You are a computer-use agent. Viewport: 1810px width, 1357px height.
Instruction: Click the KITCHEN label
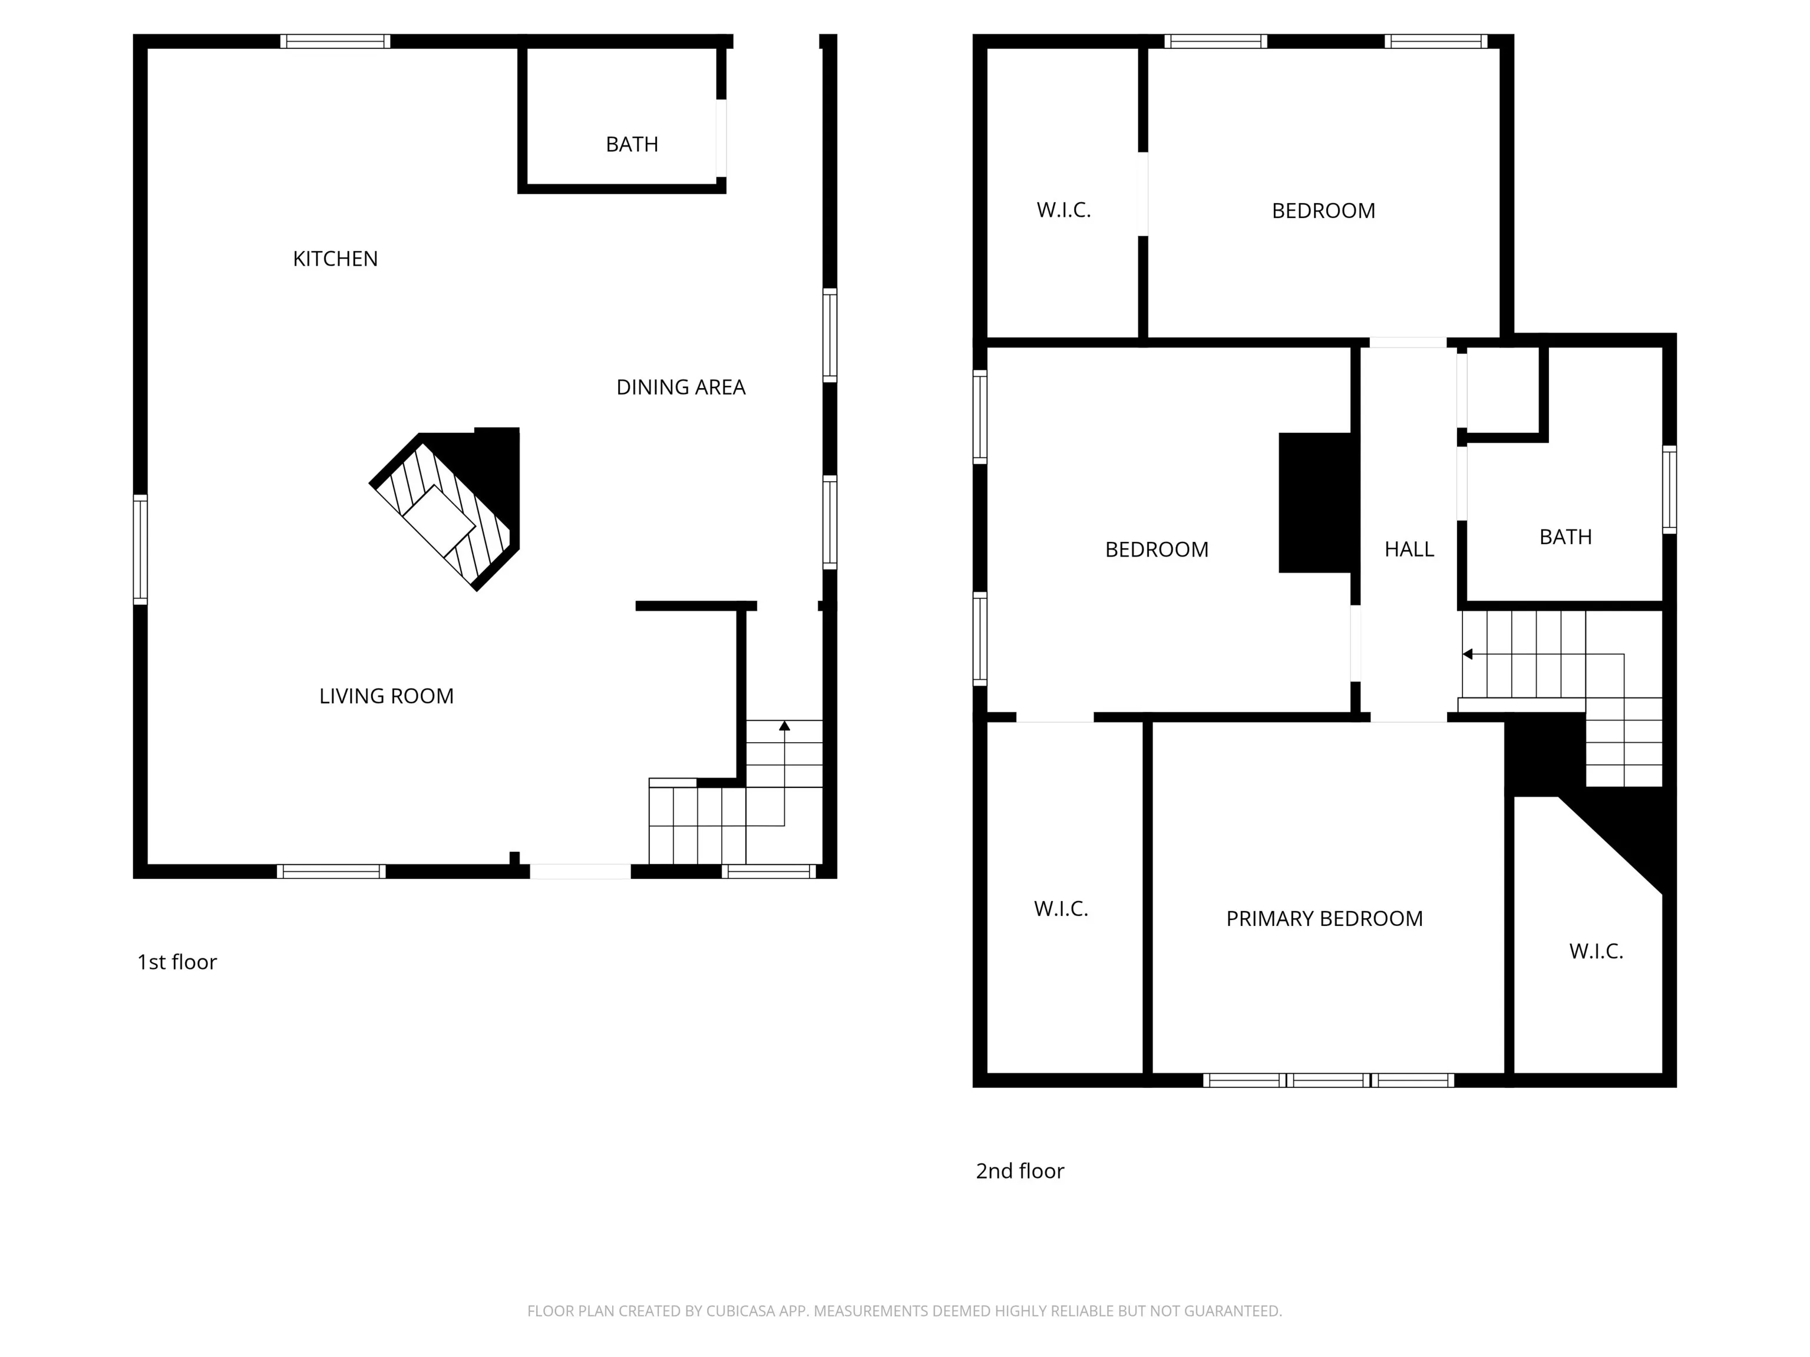coord(335,259)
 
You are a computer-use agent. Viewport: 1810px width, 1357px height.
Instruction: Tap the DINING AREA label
coord(681,387)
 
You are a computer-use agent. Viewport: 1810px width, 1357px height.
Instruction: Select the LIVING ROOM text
coord(387,696)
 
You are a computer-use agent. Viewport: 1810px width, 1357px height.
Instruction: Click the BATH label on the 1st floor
coord(632,144)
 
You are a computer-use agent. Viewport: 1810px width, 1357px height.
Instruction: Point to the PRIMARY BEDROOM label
coord(1324,919)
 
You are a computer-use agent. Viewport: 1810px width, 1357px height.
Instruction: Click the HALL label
coord(1409,549)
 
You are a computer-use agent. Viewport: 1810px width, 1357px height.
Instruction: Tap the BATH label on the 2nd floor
coord(1565,537)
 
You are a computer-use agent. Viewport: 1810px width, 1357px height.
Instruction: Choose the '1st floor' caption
coord(177,962)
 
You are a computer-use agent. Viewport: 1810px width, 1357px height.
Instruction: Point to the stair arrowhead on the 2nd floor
coord(1468,654)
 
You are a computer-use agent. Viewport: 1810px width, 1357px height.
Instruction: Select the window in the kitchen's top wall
coord(335,41)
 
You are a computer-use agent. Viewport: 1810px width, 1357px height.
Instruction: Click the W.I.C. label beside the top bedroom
coord(1063,210)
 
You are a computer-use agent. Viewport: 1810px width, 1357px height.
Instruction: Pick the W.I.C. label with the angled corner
coord(1596,951)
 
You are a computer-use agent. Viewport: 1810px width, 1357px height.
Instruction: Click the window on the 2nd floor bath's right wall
coord(1669,490)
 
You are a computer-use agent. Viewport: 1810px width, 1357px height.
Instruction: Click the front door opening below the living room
coord(580,872)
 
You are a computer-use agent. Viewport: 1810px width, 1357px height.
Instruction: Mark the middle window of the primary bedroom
coord(1329,1081)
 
